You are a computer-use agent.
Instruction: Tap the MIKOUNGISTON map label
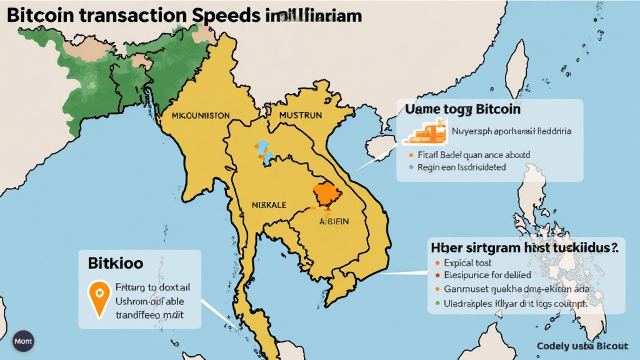[201, 116]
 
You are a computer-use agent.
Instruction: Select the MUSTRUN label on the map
[300, 116]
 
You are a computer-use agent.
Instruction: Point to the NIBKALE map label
[269, 204]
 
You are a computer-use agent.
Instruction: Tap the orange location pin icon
[97, 297]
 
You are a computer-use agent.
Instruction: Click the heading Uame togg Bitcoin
[462, 109]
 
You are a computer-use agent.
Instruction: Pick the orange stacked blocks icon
[425, 132]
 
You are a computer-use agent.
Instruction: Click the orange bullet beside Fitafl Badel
[410, 154]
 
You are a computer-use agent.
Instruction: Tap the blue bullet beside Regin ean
[410, 167]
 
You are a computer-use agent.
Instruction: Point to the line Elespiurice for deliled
[487, 275]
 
